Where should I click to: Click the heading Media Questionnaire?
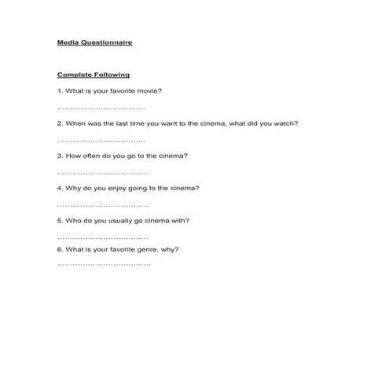pyautogui.click(x=94, y=42)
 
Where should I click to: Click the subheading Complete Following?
pyautogui.click(x=93, y=75)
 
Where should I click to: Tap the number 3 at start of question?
pyautogui.click(x=59, y=156)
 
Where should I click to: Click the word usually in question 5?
pyautogui.click(x=121, y=221)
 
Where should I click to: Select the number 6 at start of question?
pyautogui.click(x=59, y=249)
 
